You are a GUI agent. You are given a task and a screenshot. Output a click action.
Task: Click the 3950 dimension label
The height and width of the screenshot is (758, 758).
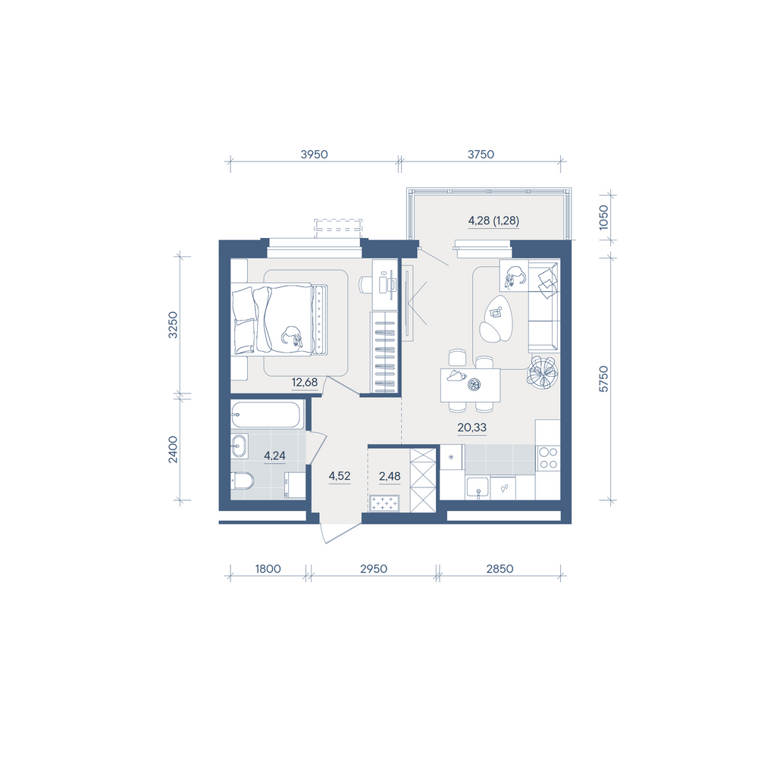[315, 154]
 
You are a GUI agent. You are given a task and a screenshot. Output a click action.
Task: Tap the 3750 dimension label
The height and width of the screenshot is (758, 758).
[481, 154]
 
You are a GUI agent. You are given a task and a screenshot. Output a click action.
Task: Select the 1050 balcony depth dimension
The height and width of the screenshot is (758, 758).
[603, 218]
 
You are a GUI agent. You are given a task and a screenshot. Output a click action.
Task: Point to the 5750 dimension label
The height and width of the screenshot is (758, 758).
[603, 379]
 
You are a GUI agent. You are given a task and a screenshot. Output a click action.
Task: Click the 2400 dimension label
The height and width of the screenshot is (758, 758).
[173, 449]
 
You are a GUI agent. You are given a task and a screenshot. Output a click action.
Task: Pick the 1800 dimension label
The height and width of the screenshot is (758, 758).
[268, 568]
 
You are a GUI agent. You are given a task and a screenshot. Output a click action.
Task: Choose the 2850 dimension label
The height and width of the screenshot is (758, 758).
[500, 568]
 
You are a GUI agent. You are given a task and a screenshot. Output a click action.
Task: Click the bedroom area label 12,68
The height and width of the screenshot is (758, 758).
[305, 382]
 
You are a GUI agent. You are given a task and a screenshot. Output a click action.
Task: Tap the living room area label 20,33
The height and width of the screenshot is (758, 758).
[471, 428]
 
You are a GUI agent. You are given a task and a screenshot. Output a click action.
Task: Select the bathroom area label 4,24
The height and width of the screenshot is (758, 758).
[274, 456]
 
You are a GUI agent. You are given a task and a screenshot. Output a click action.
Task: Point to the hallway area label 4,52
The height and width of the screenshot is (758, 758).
[340, 476]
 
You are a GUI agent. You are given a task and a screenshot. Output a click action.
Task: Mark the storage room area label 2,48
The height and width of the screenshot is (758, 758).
[390, 476]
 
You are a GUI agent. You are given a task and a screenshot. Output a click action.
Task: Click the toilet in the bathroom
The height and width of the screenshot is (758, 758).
[243, 481]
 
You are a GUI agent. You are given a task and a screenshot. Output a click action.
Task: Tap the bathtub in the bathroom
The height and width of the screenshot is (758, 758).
[265, 415]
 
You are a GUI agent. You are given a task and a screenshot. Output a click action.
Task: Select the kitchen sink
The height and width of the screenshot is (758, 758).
[478, 487]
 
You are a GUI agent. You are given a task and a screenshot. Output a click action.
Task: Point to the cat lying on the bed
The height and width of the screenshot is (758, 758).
[292, 336]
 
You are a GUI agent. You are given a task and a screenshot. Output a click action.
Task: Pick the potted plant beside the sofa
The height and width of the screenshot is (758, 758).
[543, 372]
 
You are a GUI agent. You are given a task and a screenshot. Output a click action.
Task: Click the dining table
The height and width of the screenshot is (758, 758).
[471, 385]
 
